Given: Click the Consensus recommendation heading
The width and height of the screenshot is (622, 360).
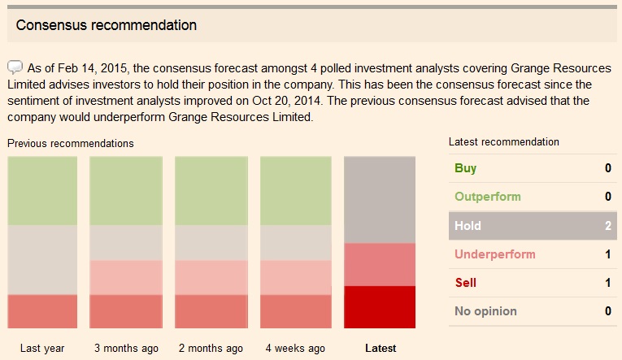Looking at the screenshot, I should pos(106,25).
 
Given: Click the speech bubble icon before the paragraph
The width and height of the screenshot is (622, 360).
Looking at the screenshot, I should pos(15,67).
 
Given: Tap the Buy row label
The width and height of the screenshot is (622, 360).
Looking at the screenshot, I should pos(466,168).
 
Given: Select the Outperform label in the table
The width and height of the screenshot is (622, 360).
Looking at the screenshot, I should pos(488,197).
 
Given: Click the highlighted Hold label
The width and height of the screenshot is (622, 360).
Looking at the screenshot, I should pos(468,226).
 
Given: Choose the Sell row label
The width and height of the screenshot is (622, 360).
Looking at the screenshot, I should pos(466,283).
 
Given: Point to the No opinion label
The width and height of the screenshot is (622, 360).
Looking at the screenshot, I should pos(485,311).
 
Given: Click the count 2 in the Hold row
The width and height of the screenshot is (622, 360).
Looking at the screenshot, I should pos(607,226).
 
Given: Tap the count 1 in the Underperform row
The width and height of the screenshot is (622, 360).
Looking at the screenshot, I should pos(607,254).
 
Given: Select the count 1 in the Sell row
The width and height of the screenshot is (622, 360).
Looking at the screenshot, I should pos(607,283).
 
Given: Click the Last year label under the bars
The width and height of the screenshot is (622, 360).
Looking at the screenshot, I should pos(42,349).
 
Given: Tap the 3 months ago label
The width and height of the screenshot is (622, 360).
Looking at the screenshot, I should pos(126,349).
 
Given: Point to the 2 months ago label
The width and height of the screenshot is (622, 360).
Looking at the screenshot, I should pos(211,349).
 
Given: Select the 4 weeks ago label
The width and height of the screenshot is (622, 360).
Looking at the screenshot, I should pos(295,349).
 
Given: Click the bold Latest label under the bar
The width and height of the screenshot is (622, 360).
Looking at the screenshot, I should pos(381,349).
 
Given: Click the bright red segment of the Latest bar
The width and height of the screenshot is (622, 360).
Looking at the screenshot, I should pos(380,306).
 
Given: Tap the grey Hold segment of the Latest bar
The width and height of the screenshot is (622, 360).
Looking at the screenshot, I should pos(380,200).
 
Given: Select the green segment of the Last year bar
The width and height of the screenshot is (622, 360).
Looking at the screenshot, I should pos(42,191).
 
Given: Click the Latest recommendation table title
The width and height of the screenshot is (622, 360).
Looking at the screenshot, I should pos(504,141).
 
